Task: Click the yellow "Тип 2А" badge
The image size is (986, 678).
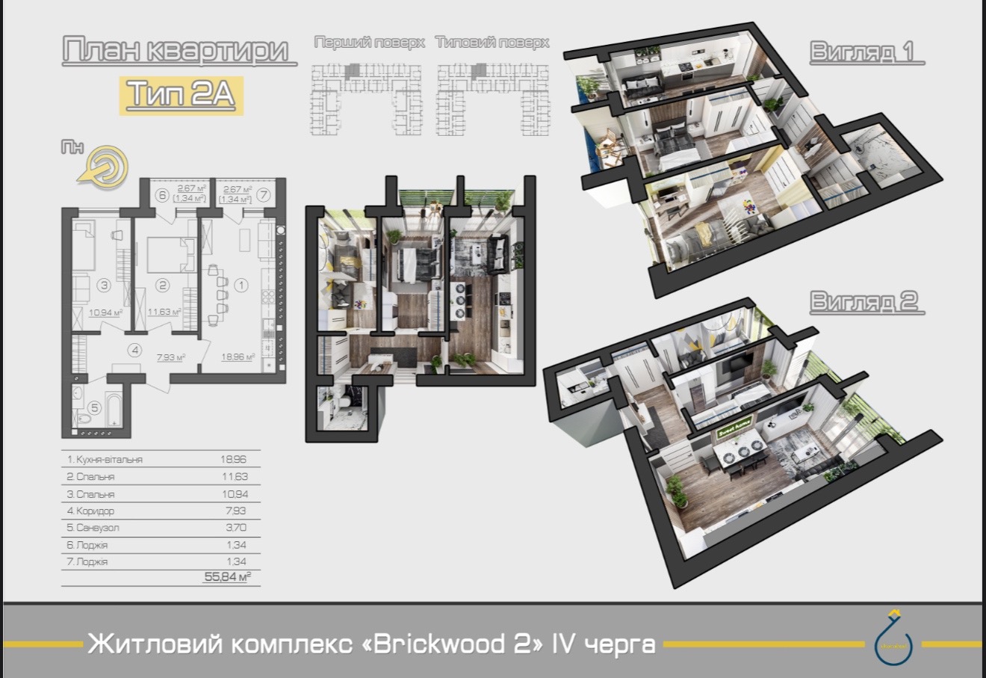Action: tap(182, 95)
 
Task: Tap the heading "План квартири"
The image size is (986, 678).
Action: tap(176, 51)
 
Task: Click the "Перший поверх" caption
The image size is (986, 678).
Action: tap(369, 43)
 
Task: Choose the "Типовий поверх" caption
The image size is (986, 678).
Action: tap(492, 43)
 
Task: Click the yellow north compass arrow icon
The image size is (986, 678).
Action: tap(102, 166)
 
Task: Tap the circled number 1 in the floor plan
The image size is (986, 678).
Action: tap(241, 285)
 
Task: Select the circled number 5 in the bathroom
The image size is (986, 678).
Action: tap(95, 407)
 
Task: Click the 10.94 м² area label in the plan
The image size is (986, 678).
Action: tap(105, 312)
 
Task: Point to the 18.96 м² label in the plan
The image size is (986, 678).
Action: tap(238, 357)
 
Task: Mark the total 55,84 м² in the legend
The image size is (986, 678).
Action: tap(227, 577)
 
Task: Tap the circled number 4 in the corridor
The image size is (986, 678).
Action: tap(134, 349)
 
